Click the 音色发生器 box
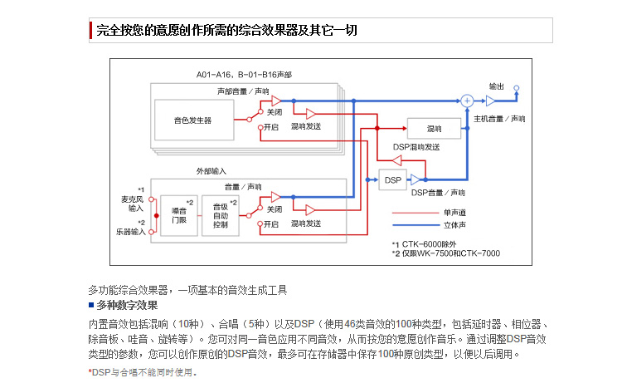click(x=194, y=120)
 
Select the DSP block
click(x=393, y=180)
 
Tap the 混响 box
click(x=434, y=128)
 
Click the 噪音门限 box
click(x=179, y=216)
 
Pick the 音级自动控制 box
click(x=220, y=216)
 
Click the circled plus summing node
click(x=467, y=101)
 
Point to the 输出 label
click(x=496, y=86)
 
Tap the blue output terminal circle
click(x=516, y=88)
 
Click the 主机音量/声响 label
click(x=499, y=119)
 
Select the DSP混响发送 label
click(x=416, y=147)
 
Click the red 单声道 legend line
click(x=415, y=213)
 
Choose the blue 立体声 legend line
click(x=415, y=225)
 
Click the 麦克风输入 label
click(x=133, y=204)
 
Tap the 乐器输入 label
click(x=131, y=232)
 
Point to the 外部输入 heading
click(x=211, y=171)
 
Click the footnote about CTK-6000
click(x=424, y=244)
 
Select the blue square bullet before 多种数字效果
click(x=91, y=305)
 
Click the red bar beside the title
click(x=91, y=31)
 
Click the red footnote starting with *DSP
click(x=143, y=372)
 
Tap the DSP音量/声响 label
click(x=438, y=193)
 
